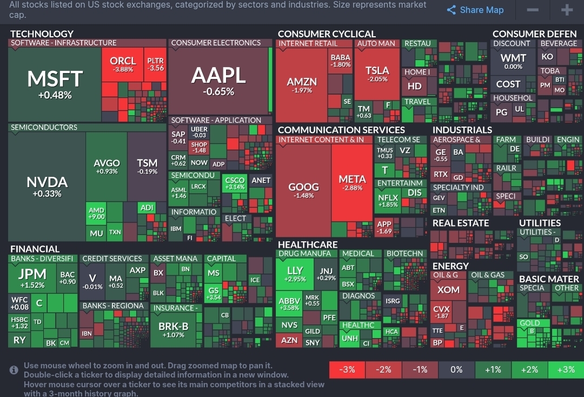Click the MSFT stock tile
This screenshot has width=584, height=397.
(55, 84)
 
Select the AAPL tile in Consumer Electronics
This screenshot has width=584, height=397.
(218, 81)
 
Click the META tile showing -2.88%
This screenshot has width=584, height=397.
(352, 182)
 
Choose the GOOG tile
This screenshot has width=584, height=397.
(303, 189)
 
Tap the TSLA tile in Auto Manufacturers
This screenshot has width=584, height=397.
(377, 74)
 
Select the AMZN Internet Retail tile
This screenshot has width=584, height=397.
(302, 85)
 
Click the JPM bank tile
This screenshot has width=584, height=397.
(32, 277)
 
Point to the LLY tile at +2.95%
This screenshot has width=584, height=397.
(295, 274)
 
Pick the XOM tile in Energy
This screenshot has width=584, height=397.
(448, 290)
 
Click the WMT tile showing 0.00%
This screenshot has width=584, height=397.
(513, 61)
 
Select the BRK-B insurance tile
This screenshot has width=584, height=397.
(173, 329)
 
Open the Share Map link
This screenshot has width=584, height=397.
(475, 10)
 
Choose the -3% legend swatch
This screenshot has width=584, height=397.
(347, 369)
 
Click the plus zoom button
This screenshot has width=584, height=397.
(566, 10)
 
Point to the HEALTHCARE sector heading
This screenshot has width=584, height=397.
(308, 244)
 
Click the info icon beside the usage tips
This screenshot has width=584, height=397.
(14, 370)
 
